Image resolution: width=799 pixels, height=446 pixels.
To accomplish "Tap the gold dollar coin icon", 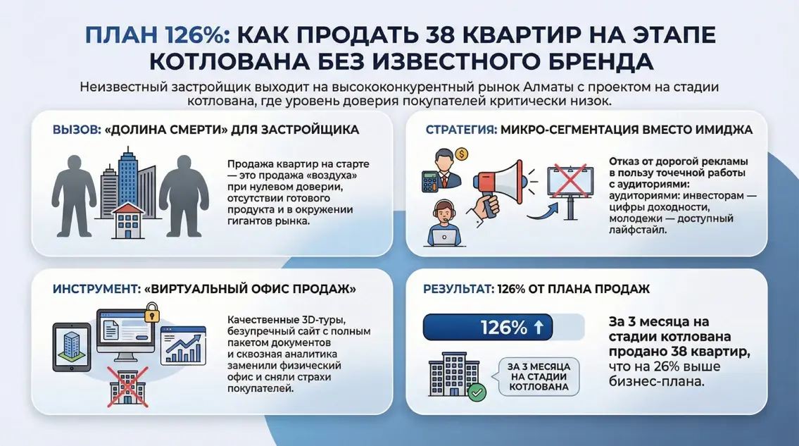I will click(x=462, y=153).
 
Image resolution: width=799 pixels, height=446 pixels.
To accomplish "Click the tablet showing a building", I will click(x=72, y=346).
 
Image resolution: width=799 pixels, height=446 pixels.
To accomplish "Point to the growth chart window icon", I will click(x=182, y=345).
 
